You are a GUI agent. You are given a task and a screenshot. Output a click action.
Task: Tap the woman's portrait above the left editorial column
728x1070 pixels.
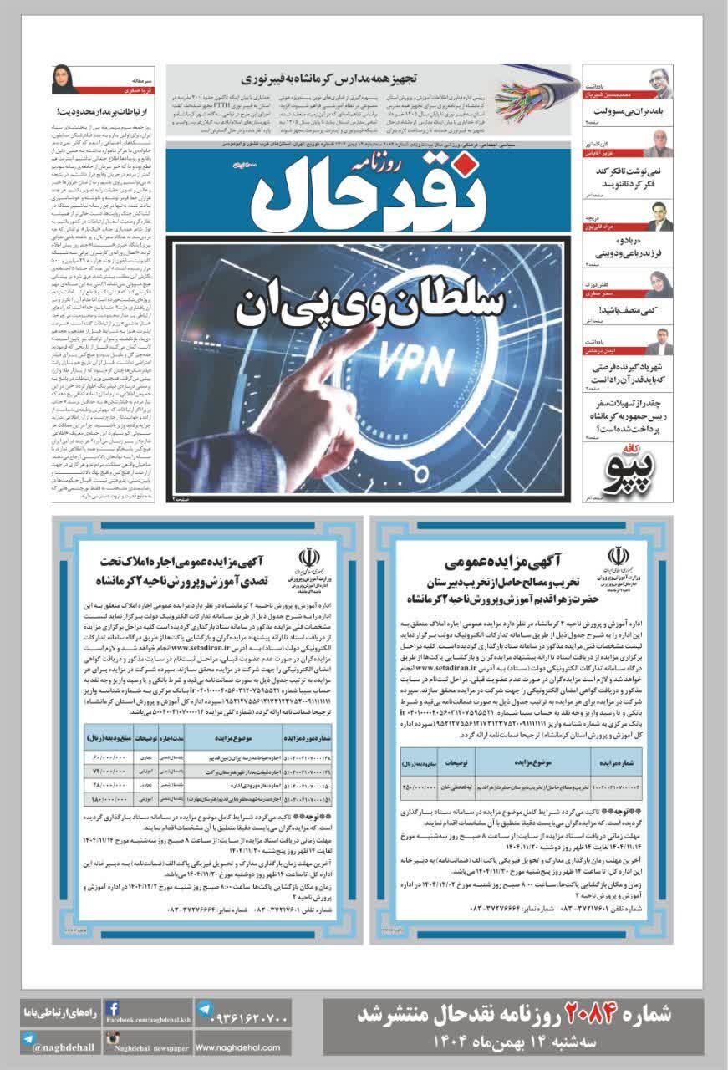(65, 79)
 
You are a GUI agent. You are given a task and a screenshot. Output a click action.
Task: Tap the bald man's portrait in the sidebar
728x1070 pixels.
(660, 143)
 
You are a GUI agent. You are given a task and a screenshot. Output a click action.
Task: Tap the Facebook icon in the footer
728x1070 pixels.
(112, 1010)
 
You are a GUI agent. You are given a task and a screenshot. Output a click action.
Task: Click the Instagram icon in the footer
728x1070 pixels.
(112, 1040)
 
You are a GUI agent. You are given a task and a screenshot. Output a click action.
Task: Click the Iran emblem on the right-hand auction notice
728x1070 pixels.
(619, 555)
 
